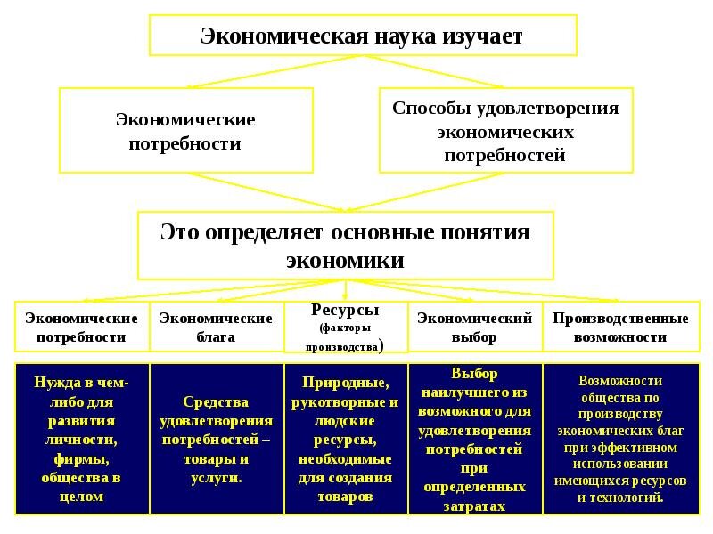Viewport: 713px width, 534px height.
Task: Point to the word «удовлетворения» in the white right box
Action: click(548, 109)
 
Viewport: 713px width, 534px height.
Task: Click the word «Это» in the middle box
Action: click(180, 231)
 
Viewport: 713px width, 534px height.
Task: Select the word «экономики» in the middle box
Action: click(345, 261)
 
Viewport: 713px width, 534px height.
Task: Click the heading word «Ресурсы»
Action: click(345, 310)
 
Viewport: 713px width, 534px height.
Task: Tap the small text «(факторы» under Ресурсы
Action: click(345, 328)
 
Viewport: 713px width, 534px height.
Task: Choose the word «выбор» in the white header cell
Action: click(474, 337)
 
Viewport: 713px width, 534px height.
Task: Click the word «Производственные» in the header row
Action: click(620, 319)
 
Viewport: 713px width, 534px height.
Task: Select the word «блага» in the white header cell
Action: click(216, 337)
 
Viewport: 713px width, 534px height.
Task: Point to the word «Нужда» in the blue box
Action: click(54, 383)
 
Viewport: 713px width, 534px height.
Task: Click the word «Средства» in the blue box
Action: click(216, 402)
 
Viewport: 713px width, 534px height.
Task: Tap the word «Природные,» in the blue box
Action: click(345, 383)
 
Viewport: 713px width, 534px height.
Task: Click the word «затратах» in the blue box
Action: click(474, 506)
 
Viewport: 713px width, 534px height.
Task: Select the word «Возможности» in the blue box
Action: click(620, 381)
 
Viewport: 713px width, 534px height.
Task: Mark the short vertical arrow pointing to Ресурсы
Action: click(345, 290)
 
